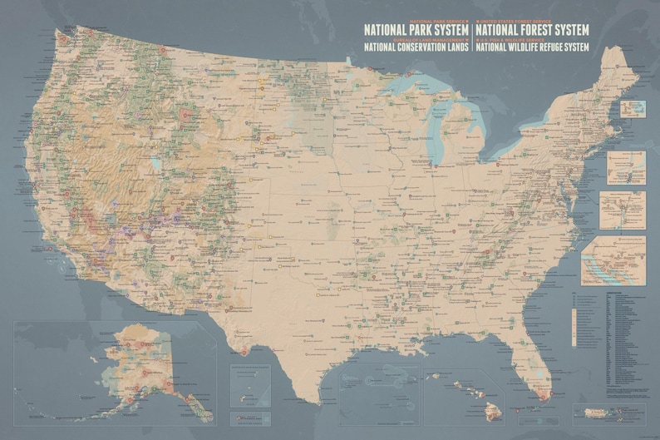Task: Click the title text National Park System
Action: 416,30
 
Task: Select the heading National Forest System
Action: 531,30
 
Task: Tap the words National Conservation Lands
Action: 416,47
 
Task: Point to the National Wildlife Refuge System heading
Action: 532,47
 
